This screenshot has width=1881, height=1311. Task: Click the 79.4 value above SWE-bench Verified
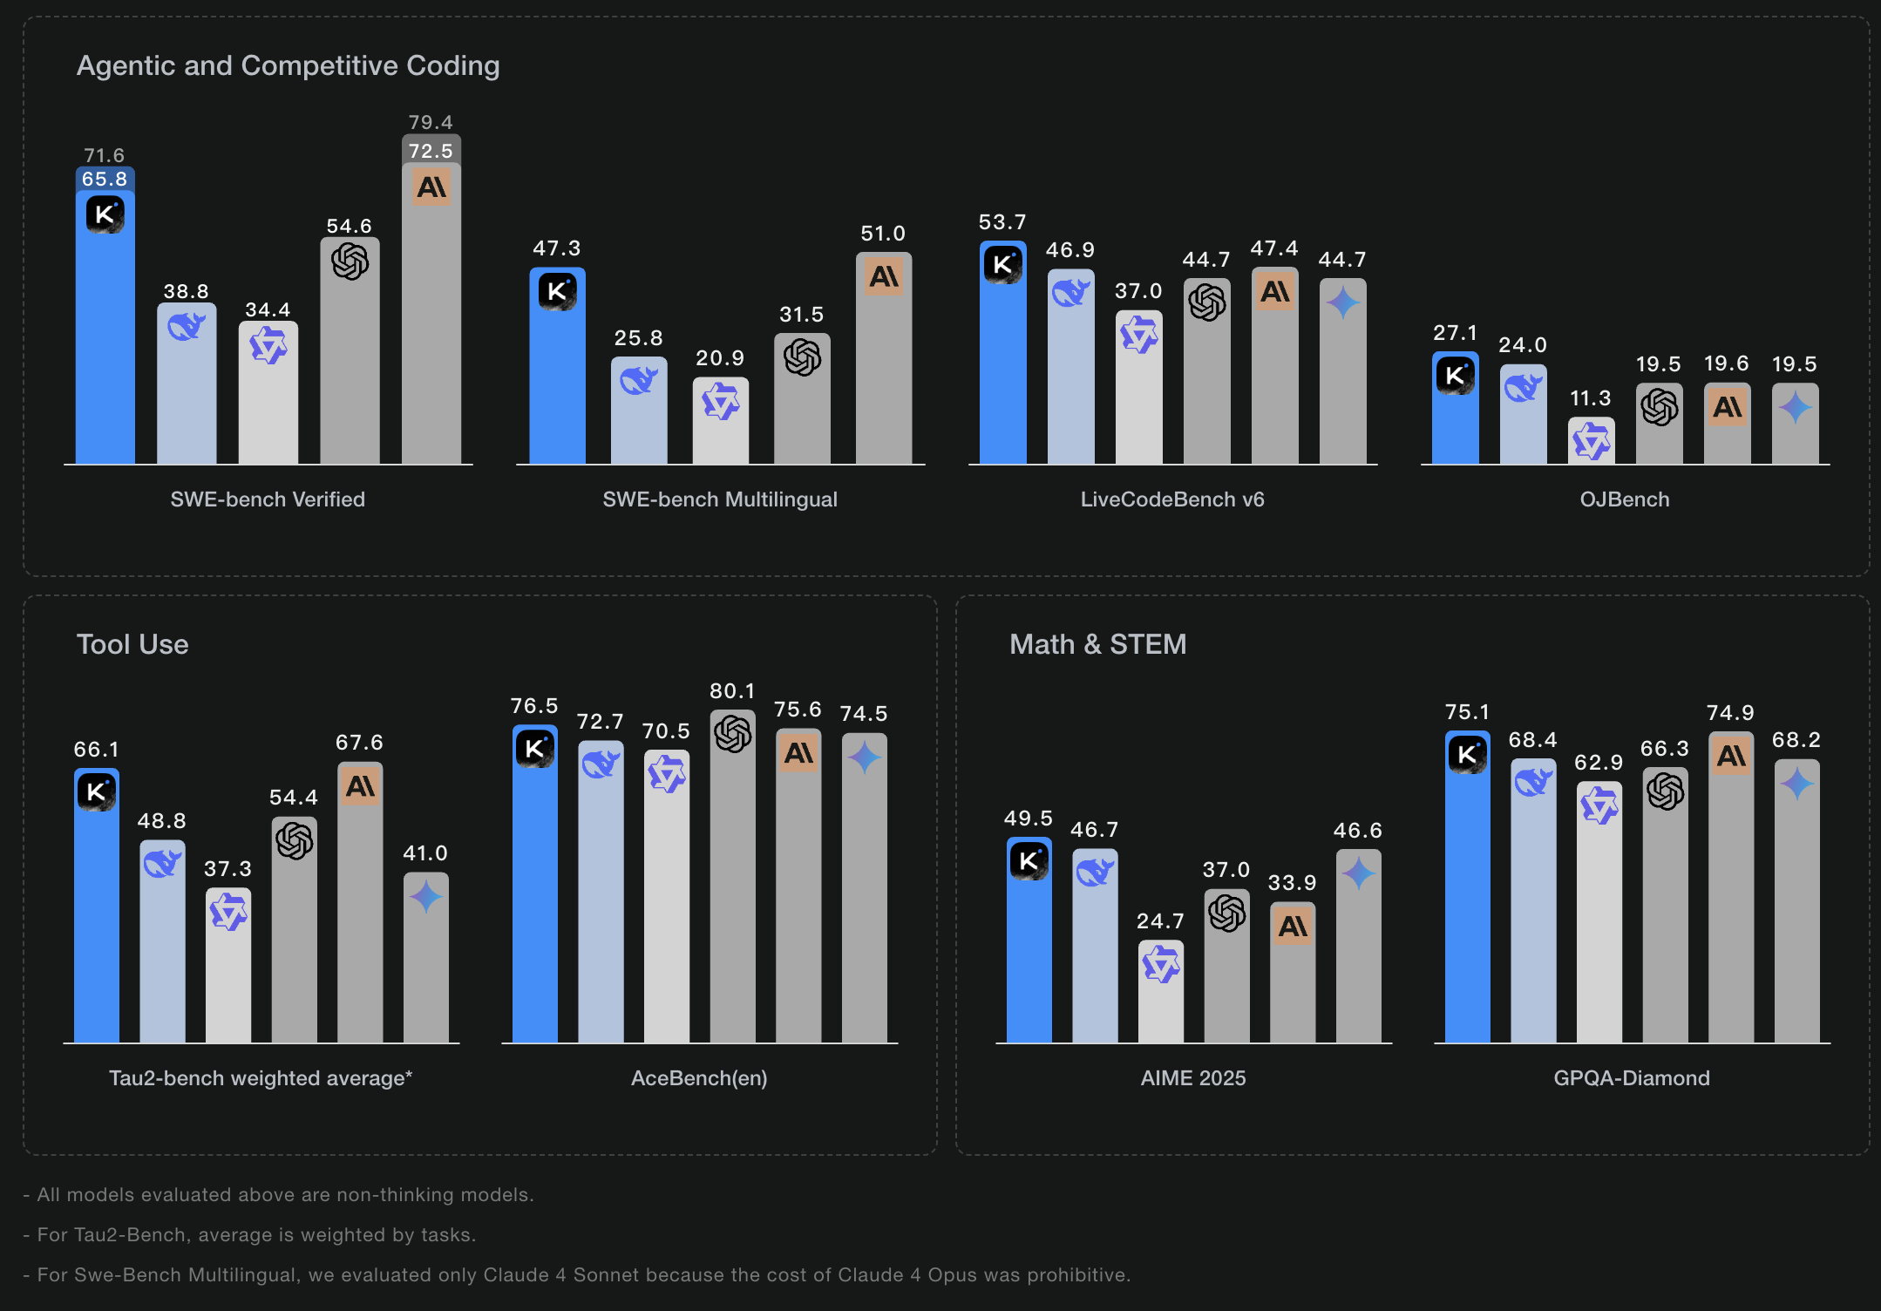431,123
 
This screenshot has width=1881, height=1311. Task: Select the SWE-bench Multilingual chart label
720,499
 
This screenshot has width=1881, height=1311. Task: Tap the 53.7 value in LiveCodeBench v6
1002,222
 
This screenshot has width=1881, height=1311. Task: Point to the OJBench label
1625,499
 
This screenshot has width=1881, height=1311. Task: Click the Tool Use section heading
132,644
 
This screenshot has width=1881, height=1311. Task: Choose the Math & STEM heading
1097,644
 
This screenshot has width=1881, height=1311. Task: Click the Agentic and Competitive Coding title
288,65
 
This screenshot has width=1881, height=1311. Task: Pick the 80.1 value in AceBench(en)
732,691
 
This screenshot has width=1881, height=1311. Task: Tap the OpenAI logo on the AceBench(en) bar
732,734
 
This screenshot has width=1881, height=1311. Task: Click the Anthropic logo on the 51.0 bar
883,277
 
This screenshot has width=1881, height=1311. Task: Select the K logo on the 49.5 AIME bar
1029,861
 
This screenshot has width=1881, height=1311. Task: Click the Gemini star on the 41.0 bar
425,896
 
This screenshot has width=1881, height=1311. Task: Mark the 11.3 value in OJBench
1591,398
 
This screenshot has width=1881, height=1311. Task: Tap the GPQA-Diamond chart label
1632,1078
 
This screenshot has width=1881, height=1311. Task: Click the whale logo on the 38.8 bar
186,327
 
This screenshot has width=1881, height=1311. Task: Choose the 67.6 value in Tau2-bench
359,743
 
